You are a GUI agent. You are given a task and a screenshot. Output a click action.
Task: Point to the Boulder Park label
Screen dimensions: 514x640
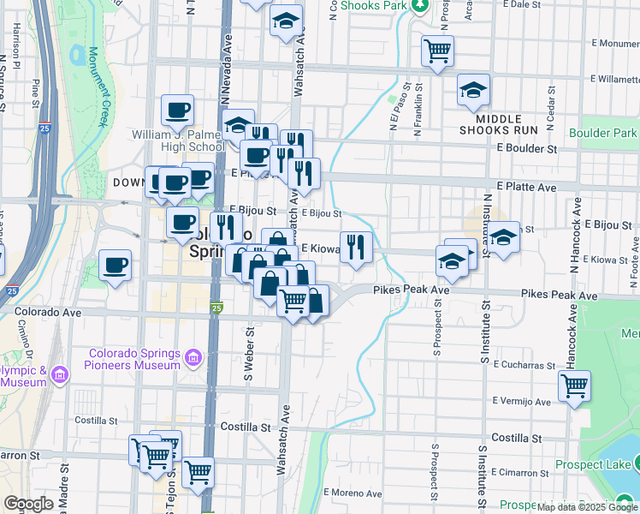602,134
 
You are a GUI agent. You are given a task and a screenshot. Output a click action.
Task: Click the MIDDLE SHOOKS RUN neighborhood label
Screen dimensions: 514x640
498,124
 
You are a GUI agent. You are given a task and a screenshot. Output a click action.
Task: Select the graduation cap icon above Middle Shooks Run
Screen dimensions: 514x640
473,90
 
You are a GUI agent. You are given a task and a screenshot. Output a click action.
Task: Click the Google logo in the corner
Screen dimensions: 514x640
28,504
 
